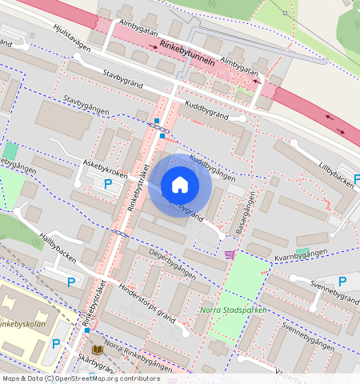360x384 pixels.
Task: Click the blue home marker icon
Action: point(180,186)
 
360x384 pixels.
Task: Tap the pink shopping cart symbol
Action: point(230,254)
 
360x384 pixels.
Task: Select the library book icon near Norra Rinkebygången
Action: point(98,350)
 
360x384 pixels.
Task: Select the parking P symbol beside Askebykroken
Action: point(108,184)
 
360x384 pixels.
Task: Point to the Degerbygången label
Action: point(173,263)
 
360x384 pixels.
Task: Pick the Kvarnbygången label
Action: point(302,256)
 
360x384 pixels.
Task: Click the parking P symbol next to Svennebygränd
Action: point(342,281)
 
